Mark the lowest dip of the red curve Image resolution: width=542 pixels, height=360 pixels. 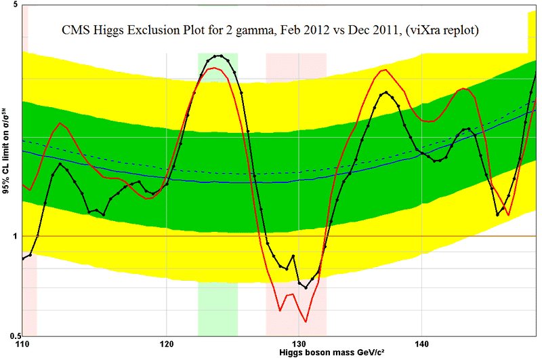point(306,321)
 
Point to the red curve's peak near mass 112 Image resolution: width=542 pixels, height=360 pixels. point(61,123)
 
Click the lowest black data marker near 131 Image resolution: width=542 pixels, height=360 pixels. point(306,287)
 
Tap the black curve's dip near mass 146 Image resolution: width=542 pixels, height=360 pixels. point(498,214)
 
